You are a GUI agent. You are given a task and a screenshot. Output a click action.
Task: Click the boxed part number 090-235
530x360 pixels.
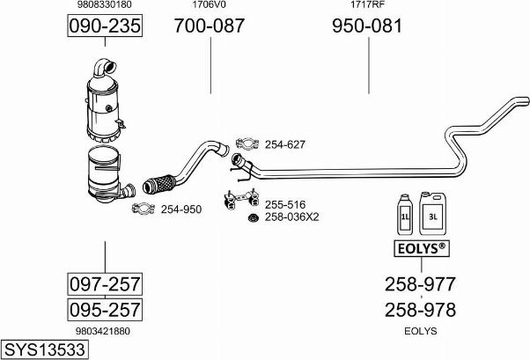105,26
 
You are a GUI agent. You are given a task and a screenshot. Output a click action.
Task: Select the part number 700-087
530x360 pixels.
210,26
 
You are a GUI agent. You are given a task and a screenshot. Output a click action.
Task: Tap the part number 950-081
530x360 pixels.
367,26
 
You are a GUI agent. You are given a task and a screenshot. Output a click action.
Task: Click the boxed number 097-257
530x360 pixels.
105,284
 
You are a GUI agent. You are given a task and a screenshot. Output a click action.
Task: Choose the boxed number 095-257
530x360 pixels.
105,309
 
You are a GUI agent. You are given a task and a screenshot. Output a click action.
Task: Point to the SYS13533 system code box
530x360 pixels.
45,349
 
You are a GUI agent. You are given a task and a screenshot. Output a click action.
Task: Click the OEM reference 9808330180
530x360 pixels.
105,4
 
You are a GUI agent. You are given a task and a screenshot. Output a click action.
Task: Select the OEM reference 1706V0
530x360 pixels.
209,4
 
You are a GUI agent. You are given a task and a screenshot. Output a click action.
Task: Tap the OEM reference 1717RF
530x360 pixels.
367,4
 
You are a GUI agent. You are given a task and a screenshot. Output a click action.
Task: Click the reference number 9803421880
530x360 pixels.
103,331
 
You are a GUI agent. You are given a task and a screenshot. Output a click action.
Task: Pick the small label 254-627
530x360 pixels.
285,144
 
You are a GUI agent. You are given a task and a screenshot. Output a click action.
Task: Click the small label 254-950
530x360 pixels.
181,209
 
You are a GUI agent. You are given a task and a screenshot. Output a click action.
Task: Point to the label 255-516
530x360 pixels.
285,204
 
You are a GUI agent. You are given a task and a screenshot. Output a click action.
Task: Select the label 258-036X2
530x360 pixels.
291,217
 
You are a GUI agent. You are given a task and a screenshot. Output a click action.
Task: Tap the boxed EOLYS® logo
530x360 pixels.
422,248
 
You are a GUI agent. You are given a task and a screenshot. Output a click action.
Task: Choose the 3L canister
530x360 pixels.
432,213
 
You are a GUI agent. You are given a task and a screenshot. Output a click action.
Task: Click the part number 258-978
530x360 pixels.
420,310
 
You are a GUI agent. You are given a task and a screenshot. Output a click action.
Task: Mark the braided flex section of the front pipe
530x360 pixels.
158,184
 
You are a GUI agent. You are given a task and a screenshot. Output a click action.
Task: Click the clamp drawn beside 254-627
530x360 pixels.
247,143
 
